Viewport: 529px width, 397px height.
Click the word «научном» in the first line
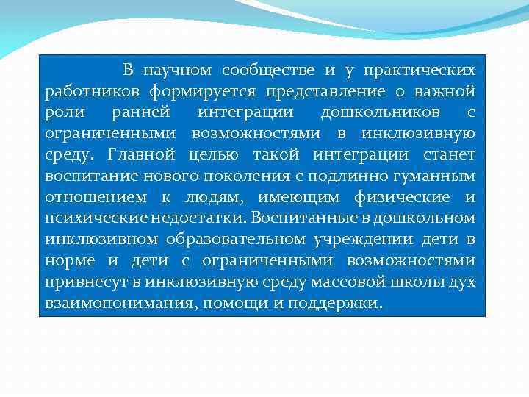[178, 71]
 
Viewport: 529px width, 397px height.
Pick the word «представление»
[325, 92]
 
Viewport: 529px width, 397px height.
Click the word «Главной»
[142, 155]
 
